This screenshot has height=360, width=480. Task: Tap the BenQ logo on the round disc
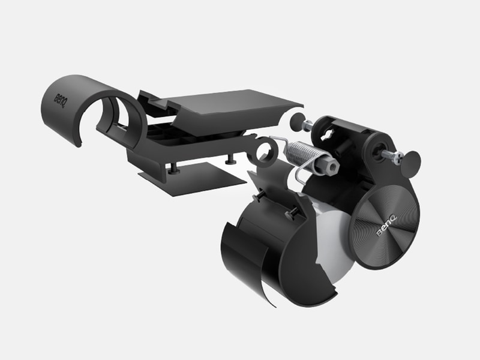[386, 226]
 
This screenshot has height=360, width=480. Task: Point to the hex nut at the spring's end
[330, 166]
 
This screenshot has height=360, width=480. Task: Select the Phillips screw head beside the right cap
[397, 158]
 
